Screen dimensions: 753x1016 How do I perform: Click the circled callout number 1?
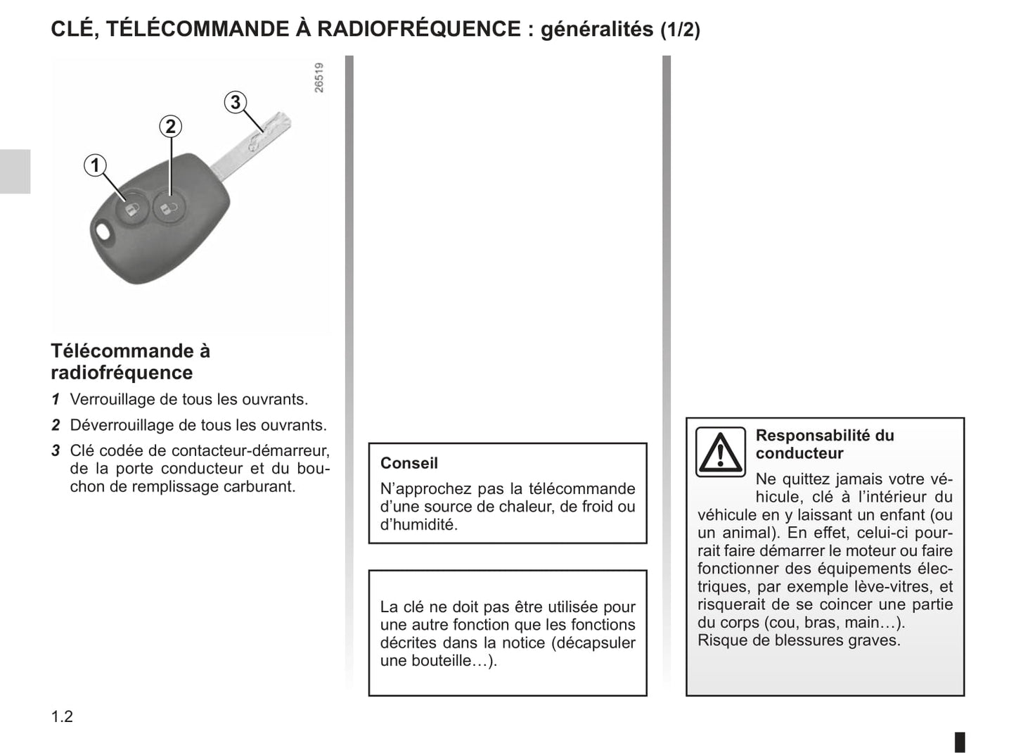click(x=95, y=166)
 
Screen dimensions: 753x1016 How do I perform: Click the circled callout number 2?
click(x=170, y=127)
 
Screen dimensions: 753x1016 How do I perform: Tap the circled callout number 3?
click(x=236, y=102)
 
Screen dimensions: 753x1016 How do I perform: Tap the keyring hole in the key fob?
click(x=103, y=233)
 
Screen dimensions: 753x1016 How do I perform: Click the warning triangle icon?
click(x=720, y=452)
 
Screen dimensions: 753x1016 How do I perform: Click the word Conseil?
click(x=409, y=463)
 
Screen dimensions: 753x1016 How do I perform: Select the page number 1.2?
click(x=62, y=716)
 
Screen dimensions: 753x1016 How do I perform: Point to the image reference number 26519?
click(x=319, y=77)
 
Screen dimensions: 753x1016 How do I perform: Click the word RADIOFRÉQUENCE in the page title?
click(x=419, y=29)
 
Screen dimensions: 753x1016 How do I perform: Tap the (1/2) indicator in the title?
click(x=680, y=30)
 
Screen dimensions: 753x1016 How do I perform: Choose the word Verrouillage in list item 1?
click(x=112, y=400)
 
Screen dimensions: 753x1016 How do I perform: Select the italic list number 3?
click(x=56, y=450)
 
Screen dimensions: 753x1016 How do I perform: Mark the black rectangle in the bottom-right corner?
click(x=960, y=742)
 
